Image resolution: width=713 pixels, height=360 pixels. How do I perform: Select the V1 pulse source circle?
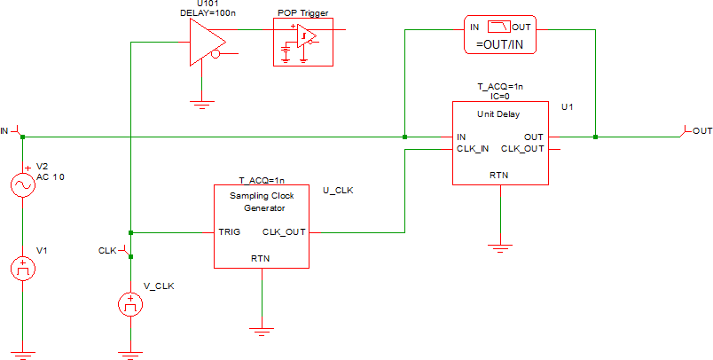click(22, 268)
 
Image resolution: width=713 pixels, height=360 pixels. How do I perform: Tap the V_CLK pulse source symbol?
click(130, 305)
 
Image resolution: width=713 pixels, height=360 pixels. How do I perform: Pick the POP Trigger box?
click(303, 41)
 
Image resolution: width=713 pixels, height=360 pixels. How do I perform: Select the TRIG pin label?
click(230, 232)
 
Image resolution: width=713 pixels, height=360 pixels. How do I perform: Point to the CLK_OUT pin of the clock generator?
click(285, 232)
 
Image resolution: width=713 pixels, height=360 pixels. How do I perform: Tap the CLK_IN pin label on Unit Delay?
click(474, 148)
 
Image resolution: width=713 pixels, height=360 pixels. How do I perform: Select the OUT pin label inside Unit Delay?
click(534, 137)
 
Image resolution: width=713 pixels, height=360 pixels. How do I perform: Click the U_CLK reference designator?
click(338, 190)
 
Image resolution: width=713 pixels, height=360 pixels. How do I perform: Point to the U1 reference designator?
click(568, 106)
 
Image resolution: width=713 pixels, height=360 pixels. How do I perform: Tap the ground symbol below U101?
click(203, 105)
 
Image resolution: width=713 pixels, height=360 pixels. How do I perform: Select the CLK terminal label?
click(108, 251)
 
